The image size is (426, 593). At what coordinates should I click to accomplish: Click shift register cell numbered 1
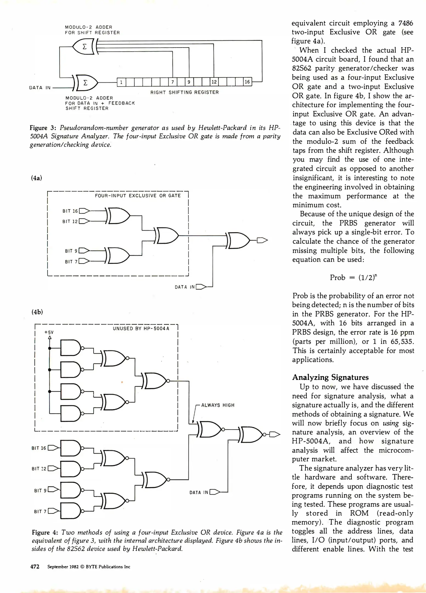(121, 82)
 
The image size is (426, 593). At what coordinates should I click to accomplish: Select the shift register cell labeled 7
(172, 82)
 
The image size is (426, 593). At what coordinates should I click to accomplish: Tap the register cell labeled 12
(214, 82)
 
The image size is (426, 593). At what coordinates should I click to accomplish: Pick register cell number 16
(247, 82)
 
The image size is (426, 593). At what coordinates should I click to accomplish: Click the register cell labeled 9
(189, 82)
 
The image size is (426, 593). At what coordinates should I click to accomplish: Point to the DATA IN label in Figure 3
(40, 88)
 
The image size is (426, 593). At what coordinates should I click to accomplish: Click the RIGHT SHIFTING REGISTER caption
(184, 92)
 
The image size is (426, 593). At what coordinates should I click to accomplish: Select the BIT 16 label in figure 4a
(70, 211)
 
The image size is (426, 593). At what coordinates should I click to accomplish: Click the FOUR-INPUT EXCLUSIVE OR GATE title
(138, 196)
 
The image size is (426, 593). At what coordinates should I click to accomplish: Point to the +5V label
(49, 332)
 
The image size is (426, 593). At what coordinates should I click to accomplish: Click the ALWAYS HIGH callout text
(218, 405)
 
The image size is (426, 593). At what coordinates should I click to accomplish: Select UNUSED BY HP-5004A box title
(141, 328)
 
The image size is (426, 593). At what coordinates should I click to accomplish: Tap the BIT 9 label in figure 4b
(40, 490)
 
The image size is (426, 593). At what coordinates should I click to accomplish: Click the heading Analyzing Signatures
(330, 377)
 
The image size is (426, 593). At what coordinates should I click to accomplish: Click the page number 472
(35, 567)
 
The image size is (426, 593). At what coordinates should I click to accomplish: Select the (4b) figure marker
(37, 312)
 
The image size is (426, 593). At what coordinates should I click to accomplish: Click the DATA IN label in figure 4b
(199, 492)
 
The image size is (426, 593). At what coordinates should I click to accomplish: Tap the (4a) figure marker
(37, 178)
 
